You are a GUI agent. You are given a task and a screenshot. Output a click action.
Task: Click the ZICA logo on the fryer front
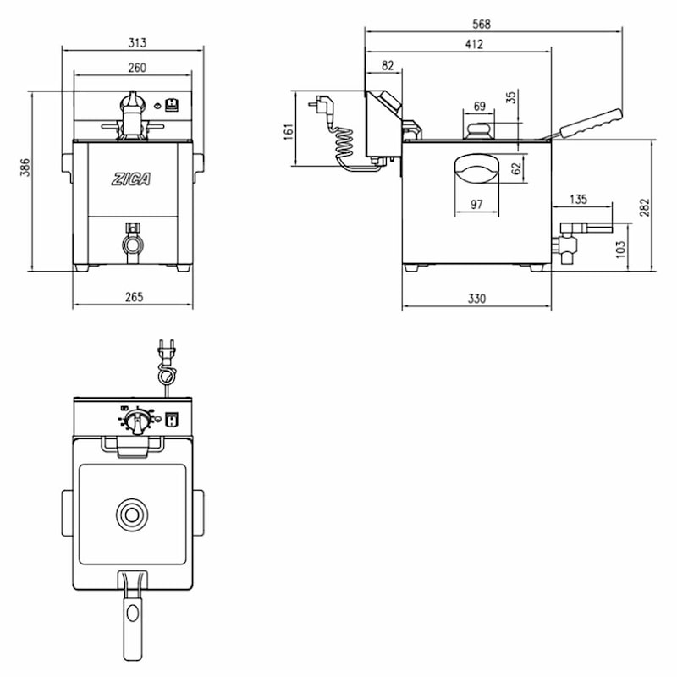coord(131,179)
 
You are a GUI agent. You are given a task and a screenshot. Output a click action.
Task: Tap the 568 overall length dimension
coord(482,24)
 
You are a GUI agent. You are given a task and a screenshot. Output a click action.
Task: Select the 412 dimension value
coord(474,44)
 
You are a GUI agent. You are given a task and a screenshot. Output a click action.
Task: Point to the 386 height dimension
coord(25,167)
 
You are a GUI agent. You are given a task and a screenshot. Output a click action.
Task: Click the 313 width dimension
coord(137,43)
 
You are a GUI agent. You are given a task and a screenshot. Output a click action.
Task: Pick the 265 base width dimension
coord(135,297)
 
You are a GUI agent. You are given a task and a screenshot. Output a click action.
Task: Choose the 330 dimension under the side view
coord(476,299)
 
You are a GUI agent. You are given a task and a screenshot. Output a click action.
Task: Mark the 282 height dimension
coord(644,207)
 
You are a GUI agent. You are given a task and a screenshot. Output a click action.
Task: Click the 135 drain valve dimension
coord(579,200)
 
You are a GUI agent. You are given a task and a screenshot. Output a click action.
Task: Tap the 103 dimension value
coord(620,250)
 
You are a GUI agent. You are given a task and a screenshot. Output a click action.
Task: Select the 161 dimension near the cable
coord(289,132)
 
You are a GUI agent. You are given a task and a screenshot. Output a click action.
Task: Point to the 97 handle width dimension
coord(476,204)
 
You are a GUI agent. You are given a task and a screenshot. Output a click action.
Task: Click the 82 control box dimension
coord(388,66)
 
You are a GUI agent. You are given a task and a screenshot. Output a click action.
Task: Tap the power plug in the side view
coord(322,107)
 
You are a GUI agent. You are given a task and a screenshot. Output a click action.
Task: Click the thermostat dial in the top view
coord(137,420)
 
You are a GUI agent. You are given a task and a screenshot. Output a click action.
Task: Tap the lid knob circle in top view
coord(132,515)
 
